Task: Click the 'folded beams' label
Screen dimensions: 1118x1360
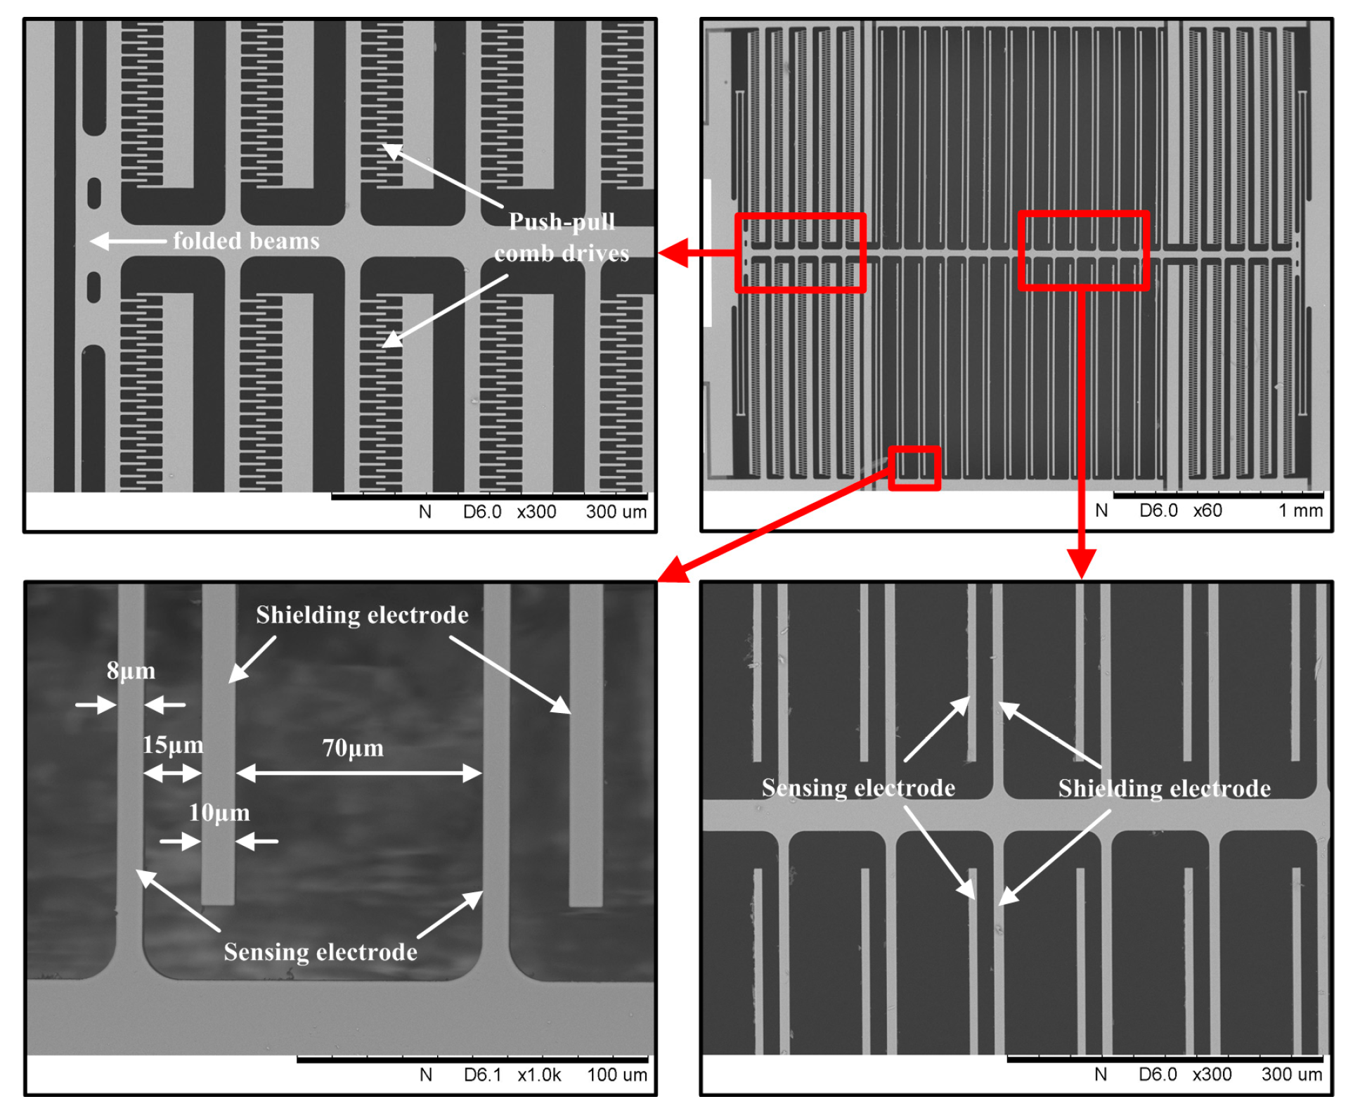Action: [246, 240]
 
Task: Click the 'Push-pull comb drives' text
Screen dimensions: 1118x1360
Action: [561, 238]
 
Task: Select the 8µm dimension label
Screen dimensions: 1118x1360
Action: [131, 670]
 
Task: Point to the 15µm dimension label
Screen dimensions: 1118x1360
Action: [172, 745]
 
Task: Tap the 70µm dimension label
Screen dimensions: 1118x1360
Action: [353, 747]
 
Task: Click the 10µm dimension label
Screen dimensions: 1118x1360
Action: [219, 813]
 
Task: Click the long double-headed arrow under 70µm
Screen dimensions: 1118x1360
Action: [358, 773]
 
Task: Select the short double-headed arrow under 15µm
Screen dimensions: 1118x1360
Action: [172, 773]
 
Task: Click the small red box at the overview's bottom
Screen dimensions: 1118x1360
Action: [914, 468]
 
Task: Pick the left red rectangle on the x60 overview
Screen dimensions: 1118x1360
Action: [800, 252]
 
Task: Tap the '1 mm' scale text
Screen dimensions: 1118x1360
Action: [1300, 510]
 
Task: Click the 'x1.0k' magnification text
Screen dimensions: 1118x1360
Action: [539, 1074]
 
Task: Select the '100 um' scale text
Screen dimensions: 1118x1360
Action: [616, 1074]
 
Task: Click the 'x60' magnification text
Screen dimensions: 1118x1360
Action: [1207, 510]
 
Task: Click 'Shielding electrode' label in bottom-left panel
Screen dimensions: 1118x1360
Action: [361, 615]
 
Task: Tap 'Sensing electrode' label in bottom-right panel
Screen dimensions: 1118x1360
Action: [857, 788]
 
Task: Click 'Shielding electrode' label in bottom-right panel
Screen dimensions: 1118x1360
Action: [1164, 788]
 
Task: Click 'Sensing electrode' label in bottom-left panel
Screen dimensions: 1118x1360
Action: [320, 951]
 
